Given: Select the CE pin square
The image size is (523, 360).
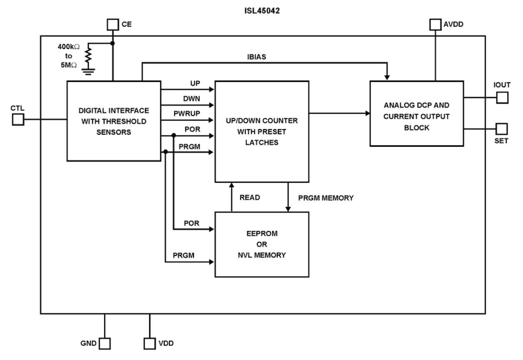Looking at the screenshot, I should coord(112,25).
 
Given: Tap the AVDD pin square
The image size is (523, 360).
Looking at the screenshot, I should coord(436,25).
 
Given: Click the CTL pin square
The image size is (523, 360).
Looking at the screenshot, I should coord(18,120).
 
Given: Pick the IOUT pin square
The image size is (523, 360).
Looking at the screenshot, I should coord(502,98).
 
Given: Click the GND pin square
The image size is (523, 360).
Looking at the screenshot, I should coord(105,343).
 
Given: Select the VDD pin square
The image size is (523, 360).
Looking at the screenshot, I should coord(149,343).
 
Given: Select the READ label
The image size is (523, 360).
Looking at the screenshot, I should coord(249,198).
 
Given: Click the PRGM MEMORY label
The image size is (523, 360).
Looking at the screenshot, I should coord(326,198).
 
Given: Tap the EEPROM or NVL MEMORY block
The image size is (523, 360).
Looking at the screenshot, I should coord(262,244).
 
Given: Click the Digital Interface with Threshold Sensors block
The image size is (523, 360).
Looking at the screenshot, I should coord(114,121).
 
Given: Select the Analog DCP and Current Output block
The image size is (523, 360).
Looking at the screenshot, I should coord(416,113).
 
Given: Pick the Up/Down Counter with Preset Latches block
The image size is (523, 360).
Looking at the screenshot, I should coord(262,132).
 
